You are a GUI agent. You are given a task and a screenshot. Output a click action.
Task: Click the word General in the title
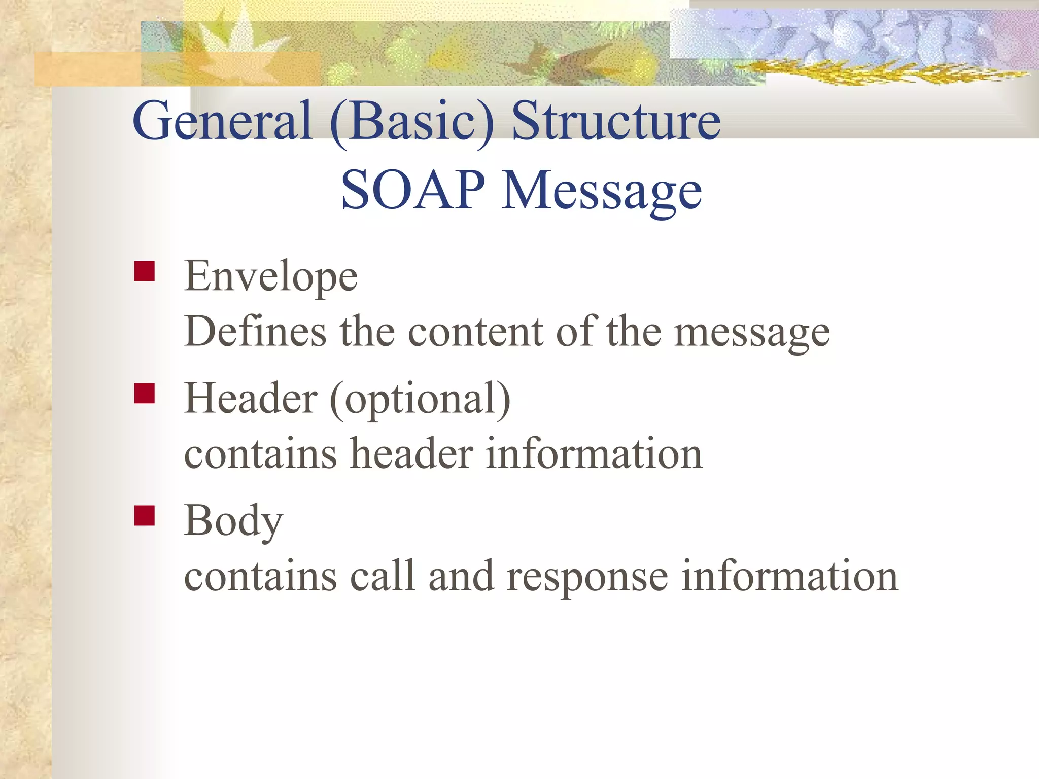point(222,122)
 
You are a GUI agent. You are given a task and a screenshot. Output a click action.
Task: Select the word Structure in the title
point(615,122)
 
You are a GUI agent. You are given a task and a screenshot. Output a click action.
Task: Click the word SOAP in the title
point(412,190)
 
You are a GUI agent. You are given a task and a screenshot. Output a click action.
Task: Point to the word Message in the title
point(602,192)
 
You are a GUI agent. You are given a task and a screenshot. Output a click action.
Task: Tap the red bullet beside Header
point(145,393)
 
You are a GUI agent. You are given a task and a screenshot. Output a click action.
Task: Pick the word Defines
point(255,332)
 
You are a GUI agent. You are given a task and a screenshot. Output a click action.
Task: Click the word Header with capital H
point(251,399)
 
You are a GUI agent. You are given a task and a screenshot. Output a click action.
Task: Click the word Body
point(233,521)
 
